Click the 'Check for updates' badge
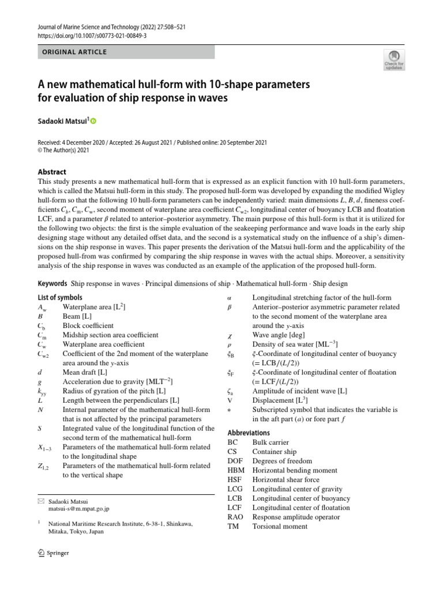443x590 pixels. (394, 60)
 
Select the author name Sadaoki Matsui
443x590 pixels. (61, 121)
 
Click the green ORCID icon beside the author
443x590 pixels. (93, 121)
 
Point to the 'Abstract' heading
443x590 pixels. (51, 172)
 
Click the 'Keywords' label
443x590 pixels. (52, 284)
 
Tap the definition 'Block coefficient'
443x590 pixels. (88, 326)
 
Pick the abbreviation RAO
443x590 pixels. (235, 517)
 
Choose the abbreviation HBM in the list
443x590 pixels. (236, 470)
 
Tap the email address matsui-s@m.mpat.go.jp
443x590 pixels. (78, 509)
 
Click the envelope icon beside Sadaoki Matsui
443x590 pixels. (40, 501)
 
